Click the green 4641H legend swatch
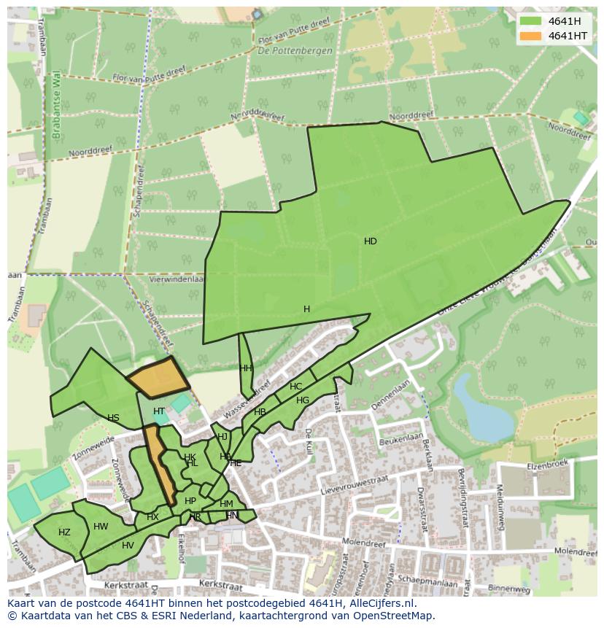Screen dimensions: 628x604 point(531,21)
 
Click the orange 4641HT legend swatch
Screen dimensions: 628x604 point(531,36)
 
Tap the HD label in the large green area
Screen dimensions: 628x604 point(371,241)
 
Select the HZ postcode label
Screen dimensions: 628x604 point(64,532)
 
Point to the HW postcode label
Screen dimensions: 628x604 point(101,527)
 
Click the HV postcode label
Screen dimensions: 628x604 point(128,546)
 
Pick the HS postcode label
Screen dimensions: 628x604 point(113,418)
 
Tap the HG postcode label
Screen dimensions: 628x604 point(303,400)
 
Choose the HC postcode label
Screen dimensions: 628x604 point(295,387)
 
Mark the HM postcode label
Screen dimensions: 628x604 point(226,504)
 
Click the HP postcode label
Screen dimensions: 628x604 point(190,501)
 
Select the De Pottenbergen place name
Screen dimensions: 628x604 point(295,51)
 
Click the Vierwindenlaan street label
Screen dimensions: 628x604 point(176,279)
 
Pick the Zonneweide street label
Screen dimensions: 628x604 point(93,449)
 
